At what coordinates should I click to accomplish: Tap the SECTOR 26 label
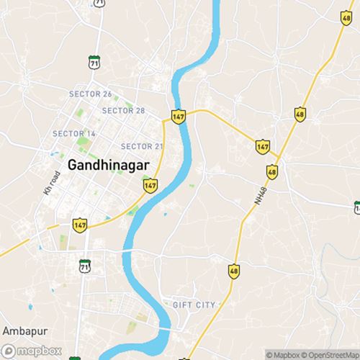tap(90, 94)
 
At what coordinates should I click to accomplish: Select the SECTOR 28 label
tap(123, 110)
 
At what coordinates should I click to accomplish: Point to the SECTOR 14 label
tap(73, 134)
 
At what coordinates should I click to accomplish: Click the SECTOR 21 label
tap(142, 146)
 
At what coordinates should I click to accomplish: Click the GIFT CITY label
tap(194, 305)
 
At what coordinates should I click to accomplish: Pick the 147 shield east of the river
tap(263, 146)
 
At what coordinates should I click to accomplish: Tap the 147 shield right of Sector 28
tap(178, 115)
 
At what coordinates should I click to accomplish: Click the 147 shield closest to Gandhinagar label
tap(149, 186)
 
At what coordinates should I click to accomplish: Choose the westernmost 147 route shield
tap(80, 225)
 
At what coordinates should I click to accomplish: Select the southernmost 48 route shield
tap(233, 271)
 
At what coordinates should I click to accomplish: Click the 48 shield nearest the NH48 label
tap(271, 172)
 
